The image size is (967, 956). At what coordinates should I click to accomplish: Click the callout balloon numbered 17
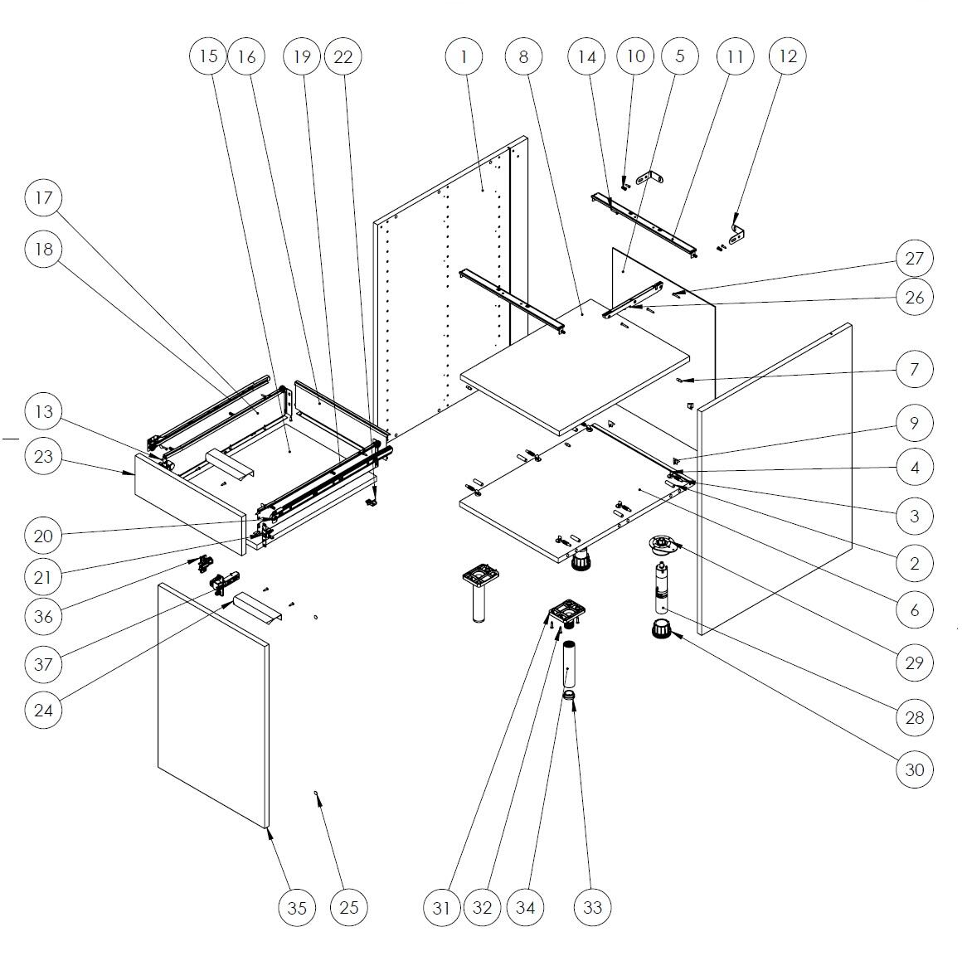tap(43, 198)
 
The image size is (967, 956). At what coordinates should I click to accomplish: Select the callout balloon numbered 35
tap(297, 907)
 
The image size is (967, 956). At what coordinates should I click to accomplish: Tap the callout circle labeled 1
tap(464, 56)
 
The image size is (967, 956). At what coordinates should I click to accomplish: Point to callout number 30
tap(915, 769)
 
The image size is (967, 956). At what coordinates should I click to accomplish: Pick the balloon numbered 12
tap(787, 56)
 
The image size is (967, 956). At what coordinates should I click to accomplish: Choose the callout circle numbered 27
tap(915, 259)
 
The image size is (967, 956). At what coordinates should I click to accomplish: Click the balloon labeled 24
tap(43, 710)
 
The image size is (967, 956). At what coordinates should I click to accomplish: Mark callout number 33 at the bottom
tap(592, 907)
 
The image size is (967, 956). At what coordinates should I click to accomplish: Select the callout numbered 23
tap(43, 457)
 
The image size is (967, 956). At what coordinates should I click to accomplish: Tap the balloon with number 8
tap(523, 56)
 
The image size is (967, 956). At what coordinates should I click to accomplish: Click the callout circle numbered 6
tap(915, 610)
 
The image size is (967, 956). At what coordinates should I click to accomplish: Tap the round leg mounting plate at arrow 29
tap(661, 545)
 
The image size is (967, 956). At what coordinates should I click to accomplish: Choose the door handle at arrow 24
tap(259, 606)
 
